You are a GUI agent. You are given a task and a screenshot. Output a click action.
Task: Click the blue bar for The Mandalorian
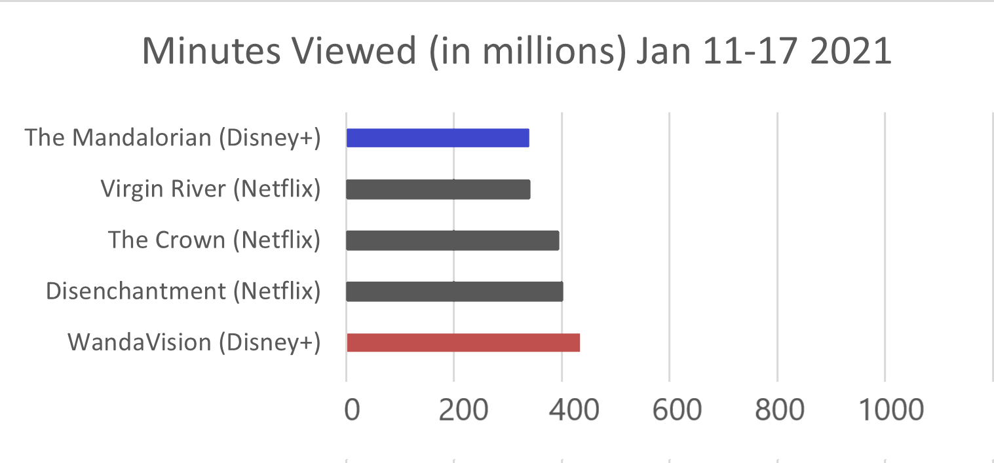[438, 138]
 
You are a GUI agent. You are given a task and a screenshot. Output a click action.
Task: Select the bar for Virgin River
[438, 189]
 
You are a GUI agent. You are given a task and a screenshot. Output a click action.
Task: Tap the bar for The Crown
[452, 240]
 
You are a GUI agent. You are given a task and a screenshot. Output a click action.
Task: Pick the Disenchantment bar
[454, 291]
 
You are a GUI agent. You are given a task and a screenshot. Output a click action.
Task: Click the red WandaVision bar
[463, 343]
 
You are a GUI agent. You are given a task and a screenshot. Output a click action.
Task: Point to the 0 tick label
[353, 410]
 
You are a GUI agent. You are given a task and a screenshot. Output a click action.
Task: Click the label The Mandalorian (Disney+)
[172, 138]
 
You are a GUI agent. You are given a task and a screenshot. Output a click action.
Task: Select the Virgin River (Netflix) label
[210, 189]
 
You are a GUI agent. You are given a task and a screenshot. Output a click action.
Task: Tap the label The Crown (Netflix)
[214, 240]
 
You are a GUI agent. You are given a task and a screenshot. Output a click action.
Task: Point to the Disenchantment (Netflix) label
[183, 291]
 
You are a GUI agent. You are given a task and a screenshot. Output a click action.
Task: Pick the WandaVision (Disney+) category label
[194, 343]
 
